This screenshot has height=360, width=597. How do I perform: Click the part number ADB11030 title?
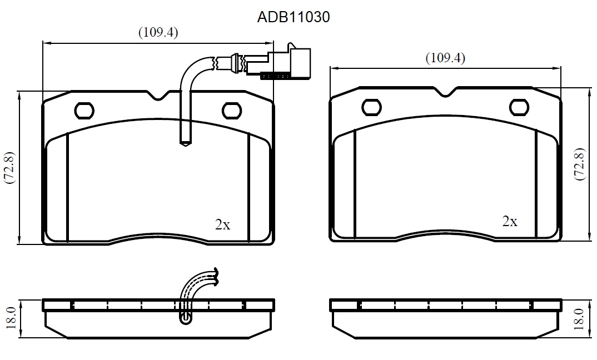[x=293, y=17]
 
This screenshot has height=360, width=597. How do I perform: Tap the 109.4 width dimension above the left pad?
[x=158, y=32]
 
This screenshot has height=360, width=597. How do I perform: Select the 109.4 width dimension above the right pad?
[x=445, y=58]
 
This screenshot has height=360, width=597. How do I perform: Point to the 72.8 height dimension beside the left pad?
[x=9, y=167]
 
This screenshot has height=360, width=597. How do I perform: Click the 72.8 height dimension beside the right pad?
[x=579, y=164]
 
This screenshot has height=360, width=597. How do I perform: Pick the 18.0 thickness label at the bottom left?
[x=11, y=318]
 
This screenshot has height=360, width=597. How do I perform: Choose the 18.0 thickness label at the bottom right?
[x=579, y=319]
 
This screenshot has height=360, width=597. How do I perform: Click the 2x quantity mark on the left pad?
[x=223, y=224]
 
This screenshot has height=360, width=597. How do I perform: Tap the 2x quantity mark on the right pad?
[x=510, y=221]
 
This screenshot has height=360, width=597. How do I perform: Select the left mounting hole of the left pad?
[x=84, y=111]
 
